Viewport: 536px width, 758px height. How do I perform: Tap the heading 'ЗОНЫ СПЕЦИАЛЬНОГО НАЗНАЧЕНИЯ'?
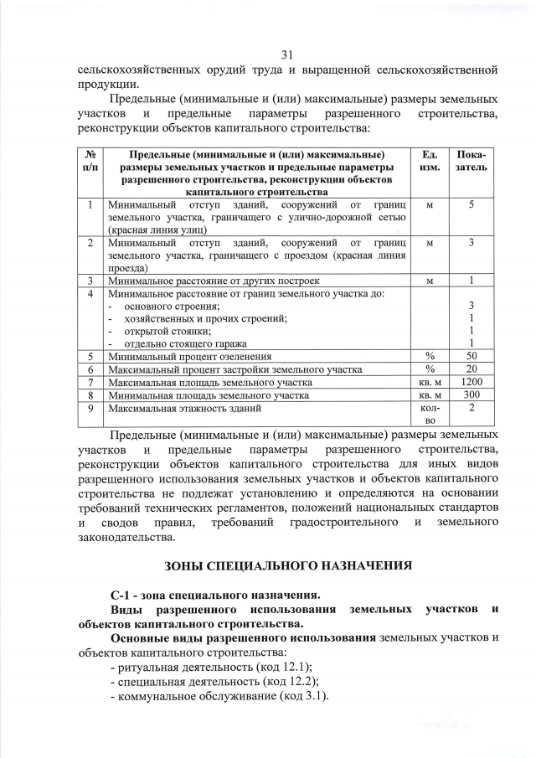(288, 565)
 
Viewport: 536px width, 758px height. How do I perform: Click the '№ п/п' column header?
(89, 162)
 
